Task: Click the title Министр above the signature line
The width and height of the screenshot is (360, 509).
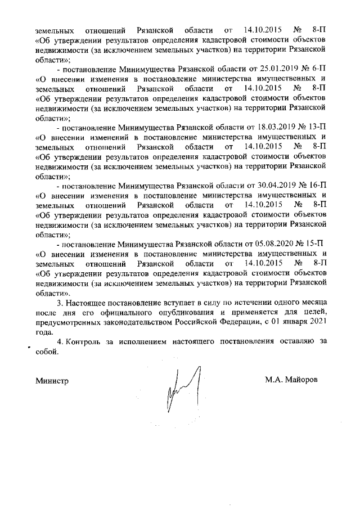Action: [x=52, y=380]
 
